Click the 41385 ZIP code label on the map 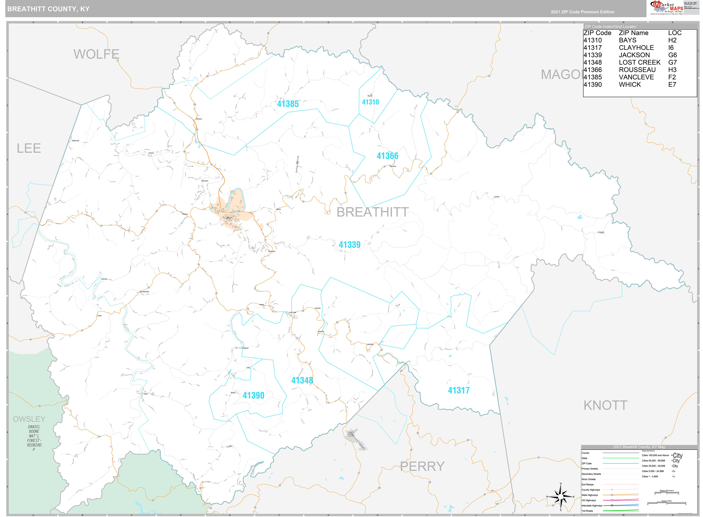point(288,104)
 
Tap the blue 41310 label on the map point(370,102)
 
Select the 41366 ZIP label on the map point(387,156)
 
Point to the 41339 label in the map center point(349,245)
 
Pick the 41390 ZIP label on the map point(253,395)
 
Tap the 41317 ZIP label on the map point(458,390)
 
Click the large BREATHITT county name point(372,212)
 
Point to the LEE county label point(29,148)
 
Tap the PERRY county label point(422,466)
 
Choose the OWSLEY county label point(29,419)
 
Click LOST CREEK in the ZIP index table point(640,62)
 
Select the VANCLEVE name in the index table point(636,77)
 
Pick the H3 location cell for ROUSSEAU point(672,70)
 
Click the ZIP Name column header point(633,33)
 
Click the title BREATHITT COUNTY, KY point(49,9)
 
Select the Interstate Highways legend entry point(592,505)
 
